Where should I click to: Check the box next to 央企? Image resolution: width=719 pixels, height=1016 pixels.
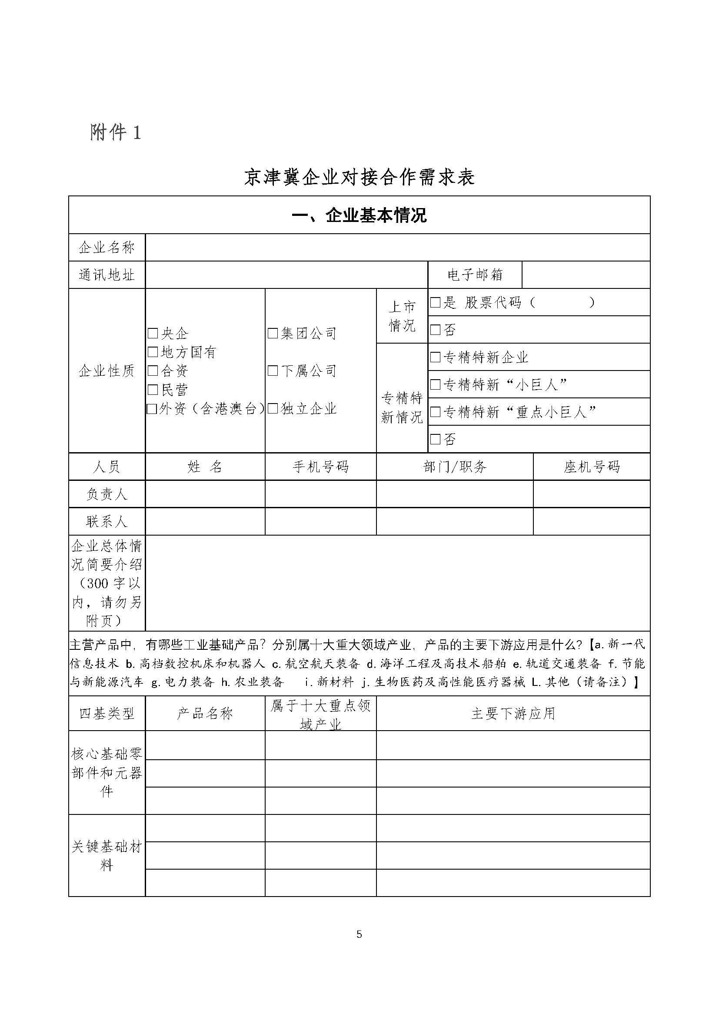pos(153,333)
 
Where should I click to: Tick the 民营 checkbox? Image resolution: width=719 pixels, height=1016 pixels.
pos(153,389)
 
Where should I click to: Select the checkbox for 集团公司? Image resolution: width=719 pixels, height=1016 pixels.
pos(273,333)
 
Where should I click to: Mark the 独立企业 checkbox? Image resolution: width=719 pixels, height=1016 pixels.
pos(273,408)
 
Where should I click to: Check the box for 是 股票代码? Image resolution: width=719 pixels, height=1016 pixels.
pos(435,303)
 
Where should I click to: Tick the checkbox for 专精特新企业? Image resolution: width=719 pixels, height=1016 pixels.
pos(435,357)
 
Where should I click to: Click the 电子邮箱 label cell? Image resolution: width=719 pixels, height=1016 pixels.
pos(475,275)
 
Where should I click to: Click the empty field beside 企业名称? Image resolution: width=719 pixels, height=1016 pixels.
pos(397,247)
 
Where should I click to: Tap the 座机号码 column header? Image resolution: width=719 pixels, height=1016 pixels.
pos(592,467)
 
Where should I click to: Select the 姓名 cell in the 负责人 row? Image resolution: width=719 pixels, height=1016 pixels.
pos(205,494)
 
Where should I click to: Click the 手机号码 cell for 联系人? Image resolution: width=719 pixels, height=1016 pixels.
pos(320,521)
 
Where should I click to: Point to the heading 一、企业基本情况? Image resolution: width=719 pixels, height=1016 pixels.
pos(359,215)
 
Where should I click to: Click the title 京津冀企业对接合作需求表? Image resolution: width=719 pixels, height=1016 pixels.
pos(359,177)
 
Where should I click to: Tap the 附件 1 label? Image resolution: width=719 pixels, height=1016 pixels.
pos(116,132)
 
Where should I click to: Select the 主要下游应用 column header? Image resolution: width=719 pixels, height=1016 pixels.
pos(513,713)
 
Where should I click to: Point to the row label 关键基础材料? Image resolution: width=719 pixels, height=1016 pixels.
pos(107,856)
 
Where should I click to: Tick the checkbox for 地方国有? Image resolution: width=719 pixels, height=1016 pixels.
pos(153,352)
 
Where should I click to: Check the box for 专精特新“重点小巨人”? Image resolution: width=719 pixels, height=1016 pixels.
pos(435,412)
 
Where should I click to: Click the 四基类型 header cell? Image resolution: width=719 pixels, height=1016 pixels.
pos(107,713)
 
